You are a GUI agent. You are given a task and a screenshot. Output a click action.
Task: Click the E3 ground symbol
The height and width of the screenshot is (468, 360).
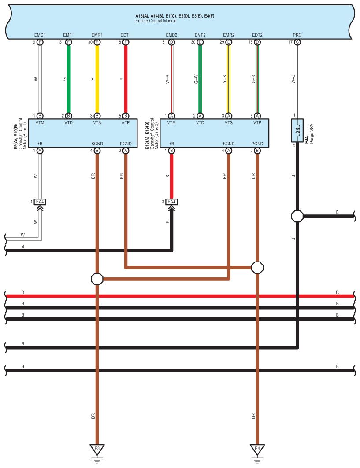click(97, 450)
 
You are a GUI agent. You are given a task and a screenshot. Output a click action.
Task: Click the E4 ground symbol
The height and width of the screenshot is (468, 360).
click(257, 450)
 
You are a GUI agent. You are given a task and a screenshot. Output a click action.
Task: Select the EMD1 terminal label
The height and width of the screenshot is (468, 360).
click(40, 35)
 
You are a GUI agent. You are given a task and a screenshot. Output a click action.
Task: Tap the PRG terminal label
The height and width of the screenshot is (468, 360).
click(297, 35)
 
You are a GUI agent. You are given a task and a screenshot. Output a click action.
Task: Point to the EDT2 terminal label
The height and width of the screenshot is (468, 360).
click(257, 35)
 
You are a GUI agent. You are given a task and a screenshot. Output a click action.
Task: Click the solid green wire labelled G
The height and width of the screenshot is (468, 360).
click(68, 79)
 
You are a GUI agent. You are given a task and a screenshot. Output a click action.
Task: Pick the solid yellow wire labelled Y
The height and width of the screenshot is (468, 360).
click(97, 79)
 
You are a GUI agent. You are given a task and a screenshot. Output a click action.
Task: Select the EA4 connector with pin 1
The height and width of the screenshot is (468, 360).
click(40, 202)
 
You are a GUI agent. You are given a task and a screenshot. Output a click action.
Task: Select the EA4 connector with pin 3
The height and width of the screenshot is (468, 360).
click(172, 202)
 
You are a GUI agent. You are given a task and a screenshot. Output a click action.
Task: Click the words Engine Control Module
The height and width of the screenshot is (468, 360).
click(156, 21)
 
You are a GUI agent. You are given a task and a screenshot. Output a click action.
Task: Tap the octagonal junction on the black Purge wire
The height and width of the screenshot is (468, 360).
click(297, 216)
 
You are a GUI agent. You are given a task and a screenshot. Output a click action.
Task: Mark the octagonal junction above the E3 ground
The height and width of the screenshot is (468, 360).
click(97, 279)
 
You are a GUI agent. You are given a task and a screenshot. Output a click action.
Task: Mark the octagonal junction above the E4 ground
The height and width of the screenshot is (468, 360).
click(257, 267)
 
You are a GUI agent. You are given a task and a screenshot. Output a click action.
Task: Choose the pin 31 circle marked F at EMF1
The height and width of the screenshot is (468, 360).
click(68, 42)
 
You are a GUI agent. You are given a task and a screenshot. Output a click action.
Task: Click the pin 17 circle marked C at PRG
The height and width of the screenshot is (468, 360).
click(297, 42)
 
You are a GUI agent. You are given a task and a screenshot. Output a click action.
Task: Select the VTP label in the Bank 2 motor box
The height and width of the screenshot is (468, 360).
click(257, 123)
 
